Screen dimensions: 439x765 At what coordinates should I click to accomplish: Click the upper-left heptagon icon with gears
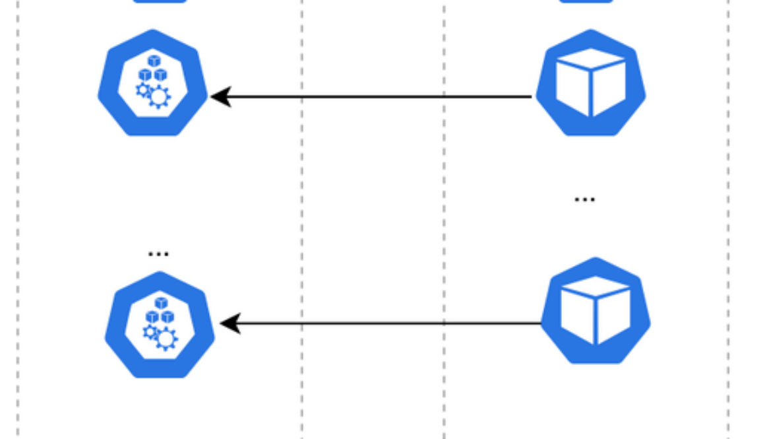152,83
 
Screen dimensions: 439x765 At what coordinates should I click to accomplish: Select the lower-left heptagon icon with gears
160,325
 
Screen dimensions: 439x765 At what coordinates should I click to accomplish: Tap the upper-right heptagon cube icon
590,83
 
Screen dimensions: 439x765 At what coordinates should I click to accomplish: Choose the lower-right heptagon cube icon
596,311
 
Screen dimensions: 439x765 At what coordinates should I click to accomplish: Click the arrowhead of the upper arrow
220,96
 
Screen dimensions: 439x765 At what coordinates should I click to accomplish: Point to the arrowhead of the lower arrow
229,323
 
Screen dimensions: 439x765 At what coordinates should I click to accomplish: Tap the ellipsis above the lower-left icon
158,253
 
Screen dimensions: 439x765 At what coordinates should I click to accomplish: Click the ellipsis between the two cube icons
585,198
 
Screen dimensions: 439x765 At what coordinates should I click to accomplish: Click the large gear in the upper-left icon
159,97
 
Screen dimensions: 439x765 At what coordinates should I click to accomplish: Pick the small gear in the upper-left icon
143,89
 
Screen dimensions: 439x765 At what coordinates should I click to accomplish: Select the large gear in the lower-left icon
166,339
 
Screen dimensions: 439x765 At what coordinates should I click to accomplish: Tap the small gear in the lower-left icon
150,331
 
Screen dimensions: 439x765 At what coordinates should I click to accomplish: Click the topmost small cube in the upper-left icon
154,61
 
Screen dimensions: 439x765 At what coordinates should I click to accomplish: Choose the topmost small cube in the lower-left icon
160,303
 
